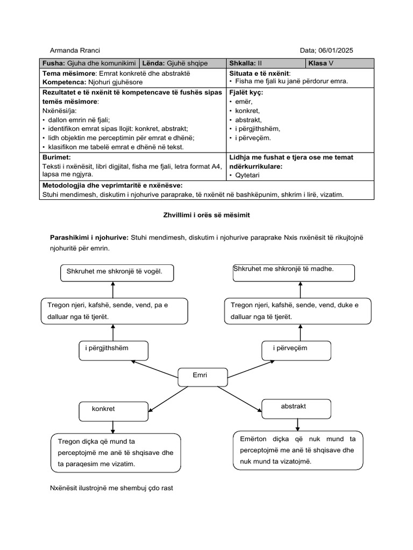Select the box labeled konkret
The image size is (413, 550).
[113, 411]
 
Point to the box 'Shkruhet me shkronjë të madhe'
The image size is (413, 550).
[294, 272]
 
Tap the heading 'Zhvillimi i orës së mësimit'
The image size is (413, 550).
[206, 215]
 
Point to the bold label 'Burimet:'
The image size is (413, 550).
[57, 157]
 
